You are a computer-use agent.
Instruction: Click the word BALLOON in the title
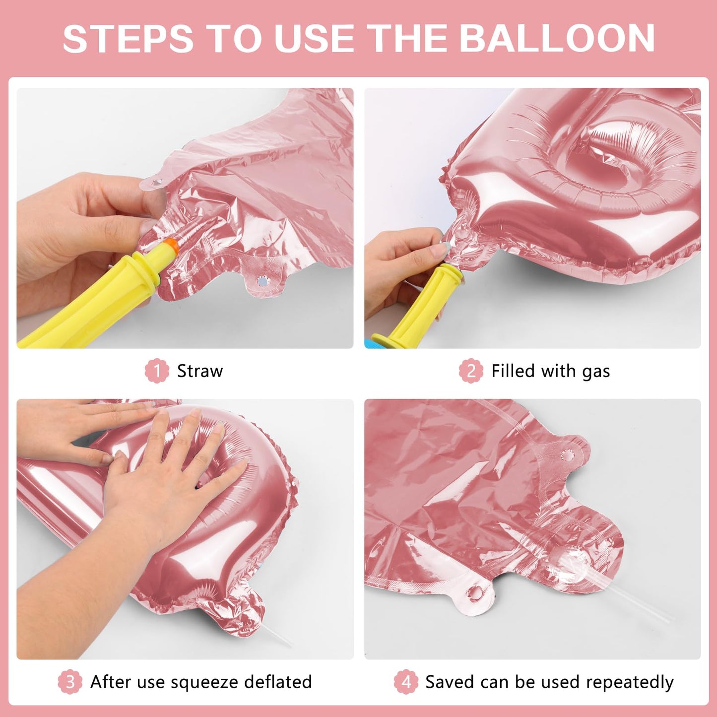(557, 38)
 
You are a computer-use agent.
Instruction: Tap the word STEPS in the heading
(128, 38)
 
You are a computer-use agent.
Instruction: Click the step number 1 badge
(157, 371)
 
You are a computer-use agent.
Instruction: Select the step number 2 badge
(471, 371)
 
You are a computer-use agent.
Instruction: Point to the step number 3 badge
(70, 682)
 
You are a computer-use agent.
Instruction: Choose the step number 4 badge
(406, 682)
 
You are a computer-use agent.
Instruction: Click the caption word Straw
(200, 371)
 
